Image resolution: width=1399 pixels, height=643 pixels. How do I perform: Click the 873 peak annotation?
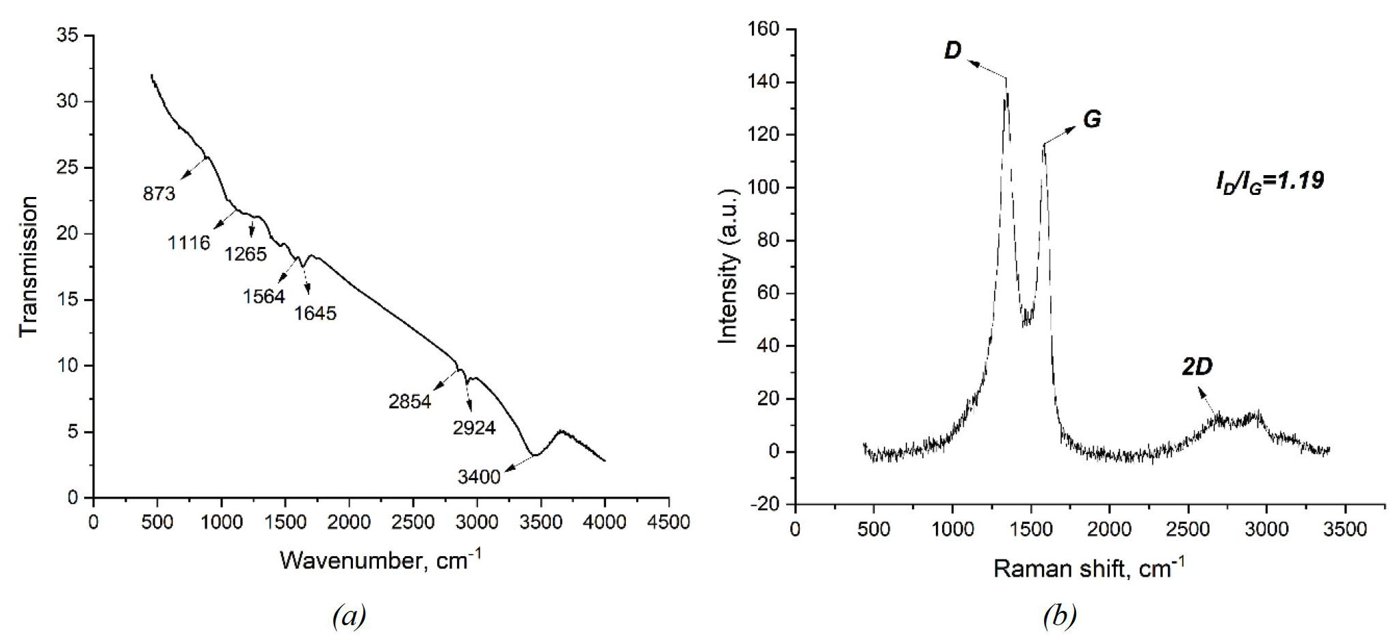click(159, 194)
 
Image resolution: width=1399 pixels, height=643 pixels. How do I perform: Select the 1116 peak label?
click(189, 242)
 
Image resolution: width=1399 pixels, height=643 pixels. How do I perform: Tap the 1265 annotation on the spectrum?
click(246, 254)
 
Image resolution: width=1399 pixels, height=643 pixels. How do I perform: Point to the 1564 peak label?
click(263, 296)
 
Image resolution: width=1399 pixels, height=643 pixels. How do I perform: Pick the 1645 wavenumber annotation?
click(315, 313)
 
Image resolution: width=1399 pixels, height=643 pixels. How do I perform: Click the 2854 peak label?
click(410, 402)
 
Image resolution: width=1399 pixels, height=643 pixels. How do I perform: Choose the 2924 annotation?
click(474, 428)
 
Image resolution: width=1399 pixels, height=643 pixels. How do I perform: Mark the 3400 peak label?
click(479, 477)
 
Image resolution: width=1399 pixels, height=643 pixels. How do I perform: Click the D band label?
click(952, 51)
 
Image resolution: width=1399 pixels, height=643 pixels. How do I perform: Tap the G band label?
click(1092, 119)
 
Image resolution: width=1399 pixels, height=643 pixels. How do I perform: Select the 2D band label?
click(1197, 367)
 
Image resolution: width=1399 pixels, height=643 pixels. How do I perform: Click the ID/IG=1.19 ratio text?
click(1269, 181)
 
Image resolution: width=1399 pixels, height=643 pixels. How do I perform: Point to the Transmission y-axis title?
click(29, 266)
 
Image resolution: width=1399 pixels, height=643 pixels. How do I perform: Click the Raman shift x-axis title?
click(1088, 568)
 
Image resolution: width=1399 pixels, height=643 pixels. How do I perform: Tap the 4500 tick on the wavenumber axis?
click(668, 522)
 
